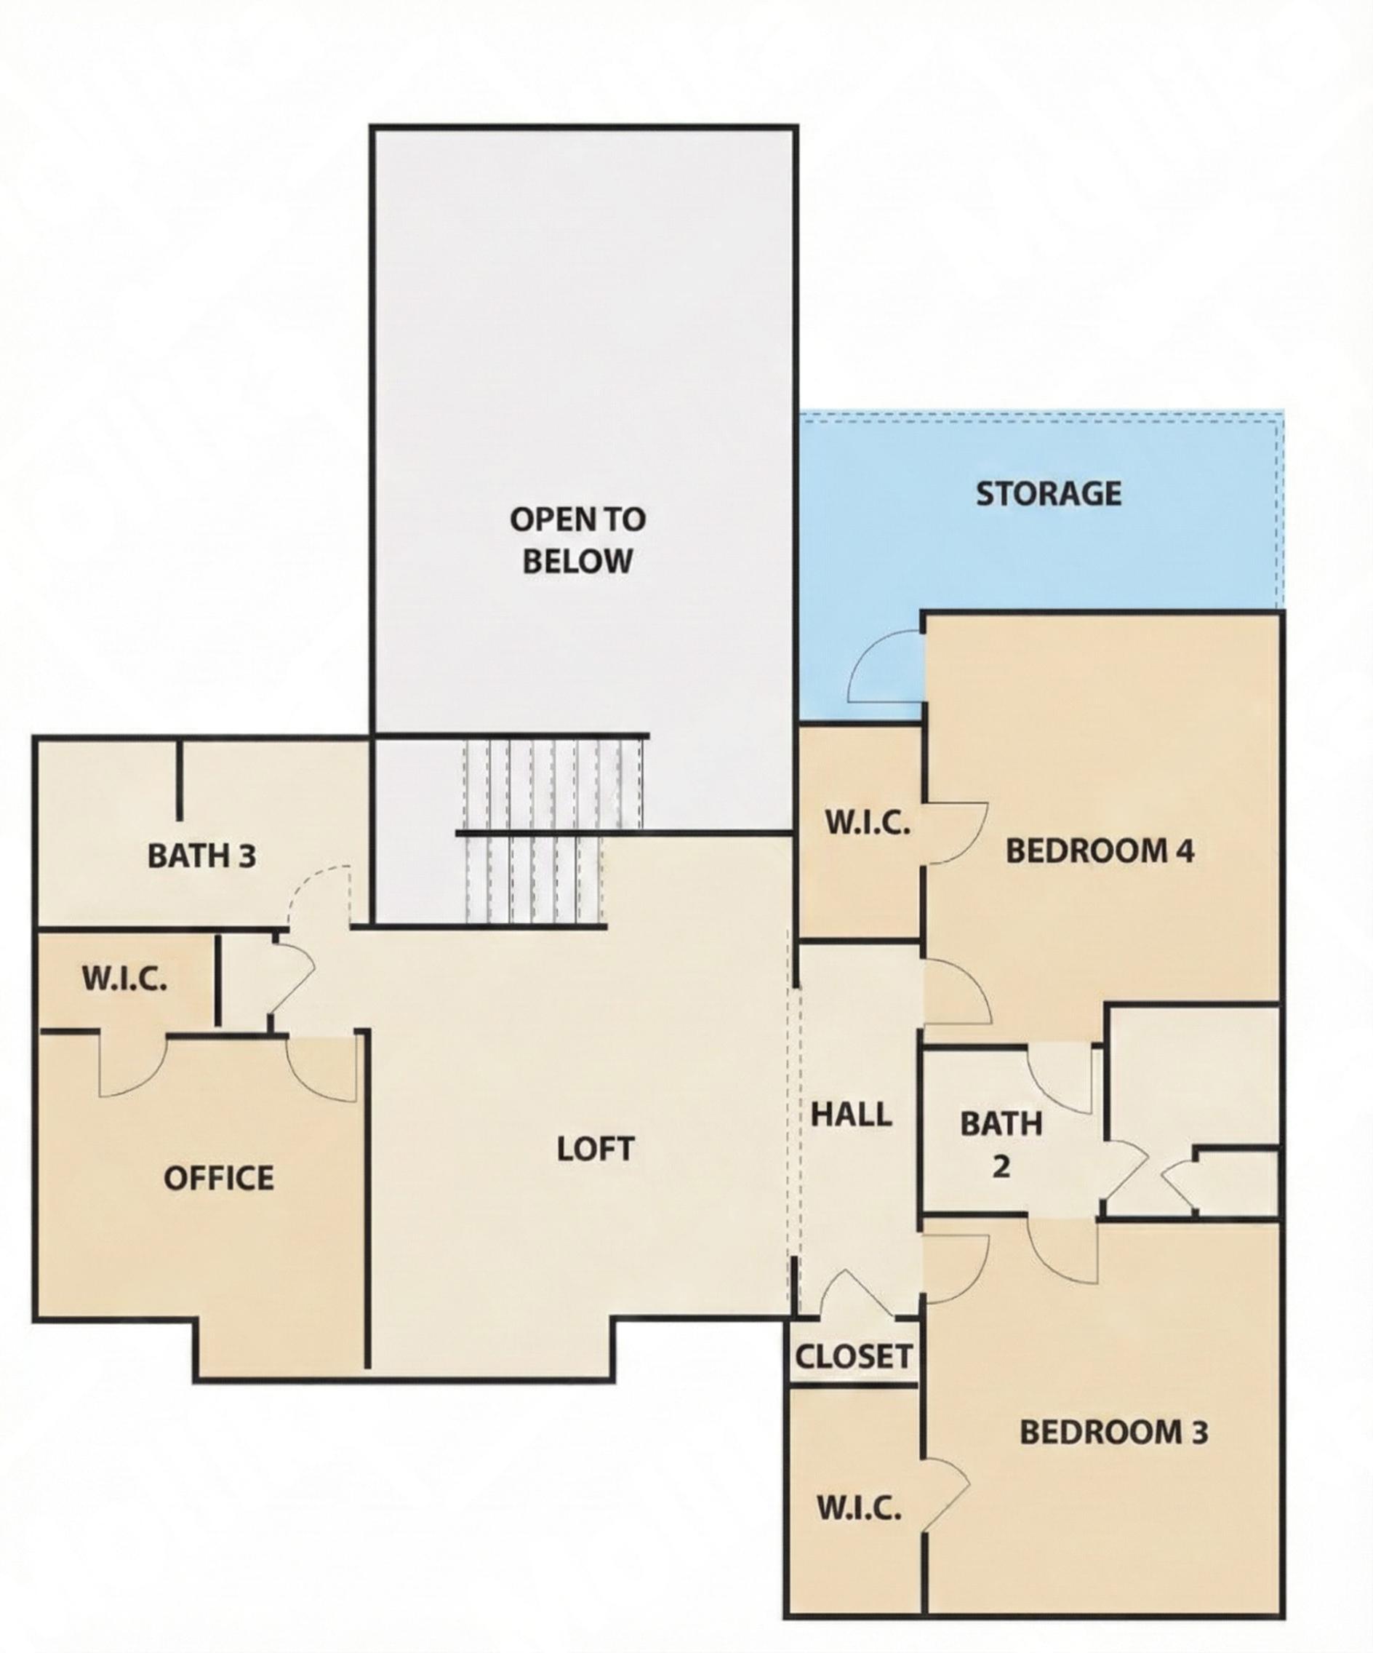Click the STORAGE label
pyautogui.click(x=1048, y=494)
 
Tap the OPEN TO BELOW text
pyautogui.click(x=577, y=540)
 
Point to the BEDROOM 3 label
pyautogui.click(x=1113, y=1432)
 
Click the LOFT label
pyautogui.click(x=595, y=1150)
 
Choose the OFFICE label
pyautogui.click(x=219, y=1179)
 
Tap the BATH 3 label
pyautogui.click(x=201, y=856)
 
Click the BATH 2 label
pyautogui.click(x=1001, y=1144)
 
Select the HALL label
pyautogui.click(x=852, y=1115)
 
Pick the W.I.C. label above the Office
pyautogui.click(x=124, y=979)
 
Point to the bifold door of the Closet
pyautogui.click(x=856, y=1295)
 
